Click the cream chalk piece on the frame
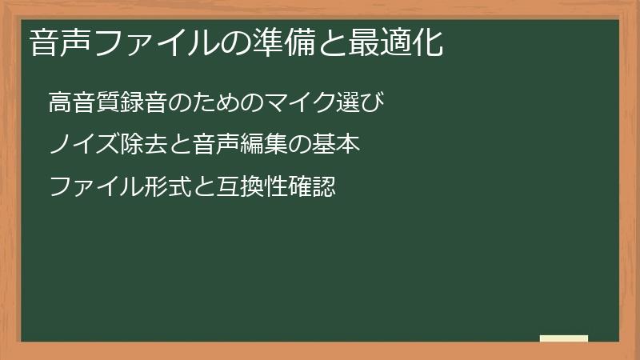click(x=564, y=338)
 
